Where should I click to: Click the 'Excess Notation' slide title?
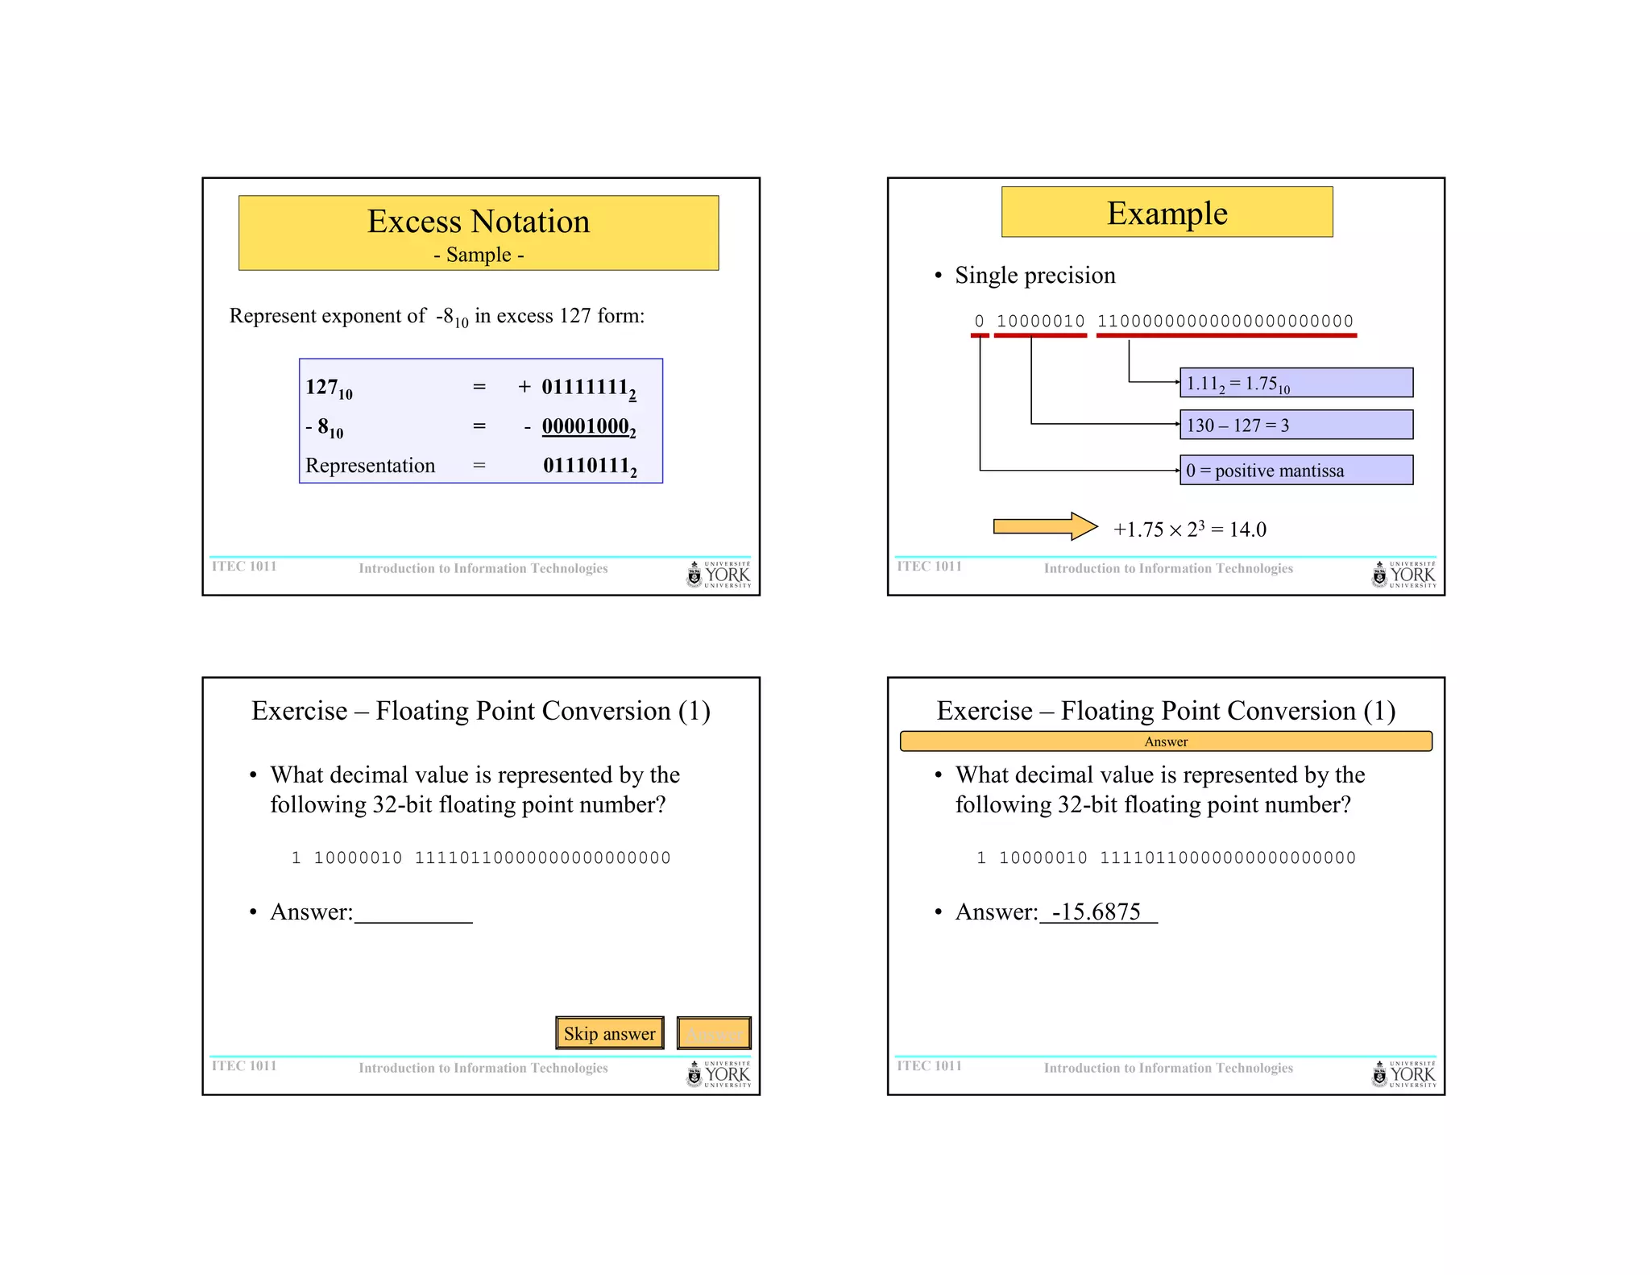[479, 222]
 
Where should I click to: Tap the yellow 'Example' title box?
[1167, 213]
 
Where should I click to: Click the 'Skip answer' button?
[609, 1033]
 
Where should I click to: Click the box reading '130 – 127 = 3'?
[1296, 425]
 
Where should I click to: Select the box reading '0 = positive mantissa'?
[1296, 470]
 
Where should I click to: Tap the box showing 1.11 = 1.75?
[1296, 383]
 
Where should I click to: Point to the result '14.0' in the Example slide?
[1247, 530]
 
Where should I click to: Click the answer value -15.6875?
[1097, 912]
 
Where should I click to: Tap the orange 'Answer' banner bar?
[1165, 741]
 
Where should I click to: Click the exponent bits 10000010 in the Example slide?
[1040, 321]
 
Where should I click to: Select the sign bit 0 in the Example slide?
[979, 321]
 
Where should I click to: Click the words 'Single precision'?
[1034, 276]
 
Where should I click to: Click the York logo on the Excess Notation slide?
[718, 575]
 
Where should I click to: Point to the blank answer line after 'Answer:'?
[413, 915]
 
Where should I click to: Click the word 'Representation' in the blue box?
[370, 466]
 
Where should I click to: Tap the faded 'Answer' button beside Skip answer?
[714, 1033]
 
